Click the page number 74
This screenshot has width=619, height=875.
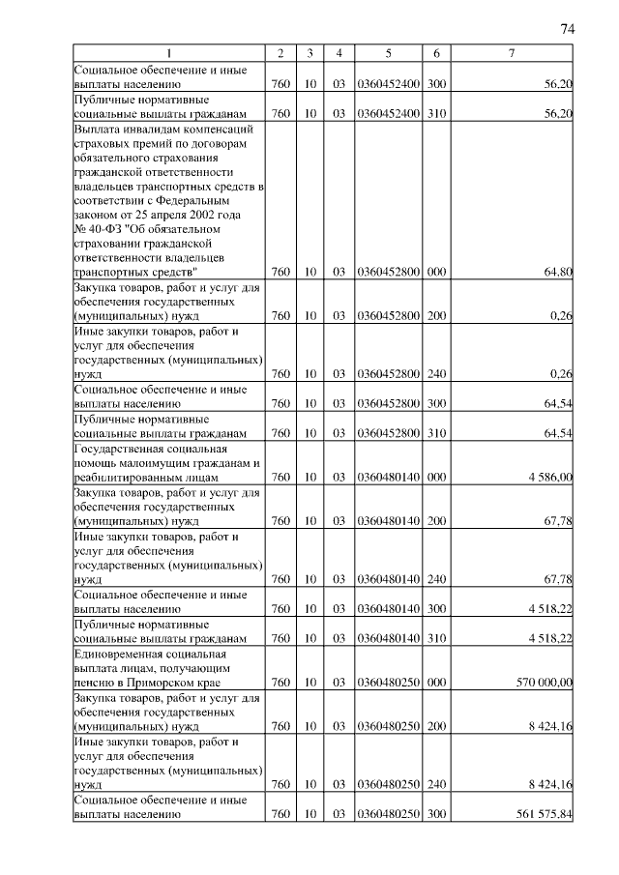568,29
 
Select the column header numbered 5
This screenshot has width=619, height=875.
388,52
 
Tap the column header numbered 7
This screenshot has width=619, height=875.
512,52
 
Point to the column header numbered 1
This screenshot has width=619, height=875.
170,52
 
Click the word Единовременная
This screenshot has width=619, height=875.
120,655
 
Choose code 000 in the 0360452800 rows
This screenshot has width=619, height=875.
437,273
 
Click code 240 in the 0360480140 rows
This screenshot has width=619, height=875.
437,579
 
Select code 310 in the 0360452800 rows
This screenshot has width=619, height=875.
437,433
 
